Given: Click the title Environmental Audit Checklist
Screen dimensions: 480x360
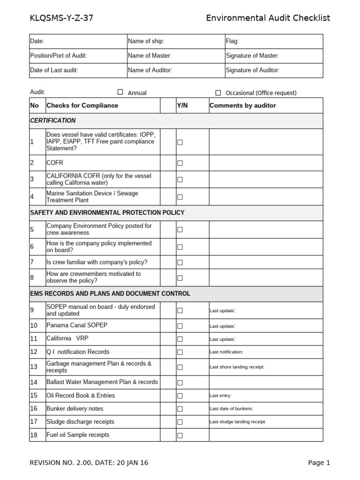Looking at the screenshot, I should tap(268, 18).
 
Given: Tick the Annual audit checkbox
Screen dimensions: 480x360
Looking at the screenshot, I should tap(120, 92).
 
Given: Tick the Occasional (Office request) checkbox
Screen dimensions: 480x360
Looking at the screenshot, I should tap(218, 92).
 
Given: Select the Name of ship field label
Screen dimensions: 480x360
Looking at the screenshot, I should tap(146, 41).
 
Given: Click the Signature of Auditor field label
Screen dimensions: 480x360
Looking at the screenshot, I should tap(252, 70).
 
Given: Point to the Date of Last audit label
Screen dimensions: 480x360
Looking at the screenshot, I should tap(54, 70).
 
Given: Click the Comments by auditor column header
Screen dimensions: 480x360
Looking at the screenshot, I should tap(243, 105).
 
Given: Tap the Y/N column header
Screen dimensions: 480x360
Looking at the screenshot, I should tap(182, 105).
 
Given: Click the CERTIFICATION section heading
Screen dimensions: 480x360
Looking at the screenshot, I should tap(52, 120).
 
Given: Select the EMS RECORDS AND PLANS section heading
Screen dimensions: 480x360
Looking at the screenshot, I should tap(110, 294).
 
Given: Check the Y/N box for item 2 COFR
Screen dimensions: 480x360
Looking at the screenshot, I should tap(180, 163).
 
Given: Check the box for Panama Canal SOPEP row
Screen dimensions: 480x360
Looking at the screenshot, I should tap(180, 326).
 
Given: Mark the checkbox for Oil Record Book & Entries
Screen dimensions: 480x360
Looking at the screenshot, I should tap(180, 396).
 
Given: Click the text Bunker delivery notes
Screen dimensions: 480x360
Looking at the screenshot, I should tap(75, 409).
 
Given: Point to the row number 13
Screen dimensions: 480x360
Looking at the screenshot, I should tap(34, 367).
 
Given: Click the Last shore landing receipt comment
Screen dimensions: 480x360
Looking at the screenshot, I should tap(237, 367).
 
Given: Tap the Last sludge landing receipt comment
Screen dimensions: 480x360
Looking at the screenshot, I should tap(237, 422).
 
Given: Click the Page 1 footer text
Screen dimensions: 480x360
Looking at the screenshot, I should tap(319, 463).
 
